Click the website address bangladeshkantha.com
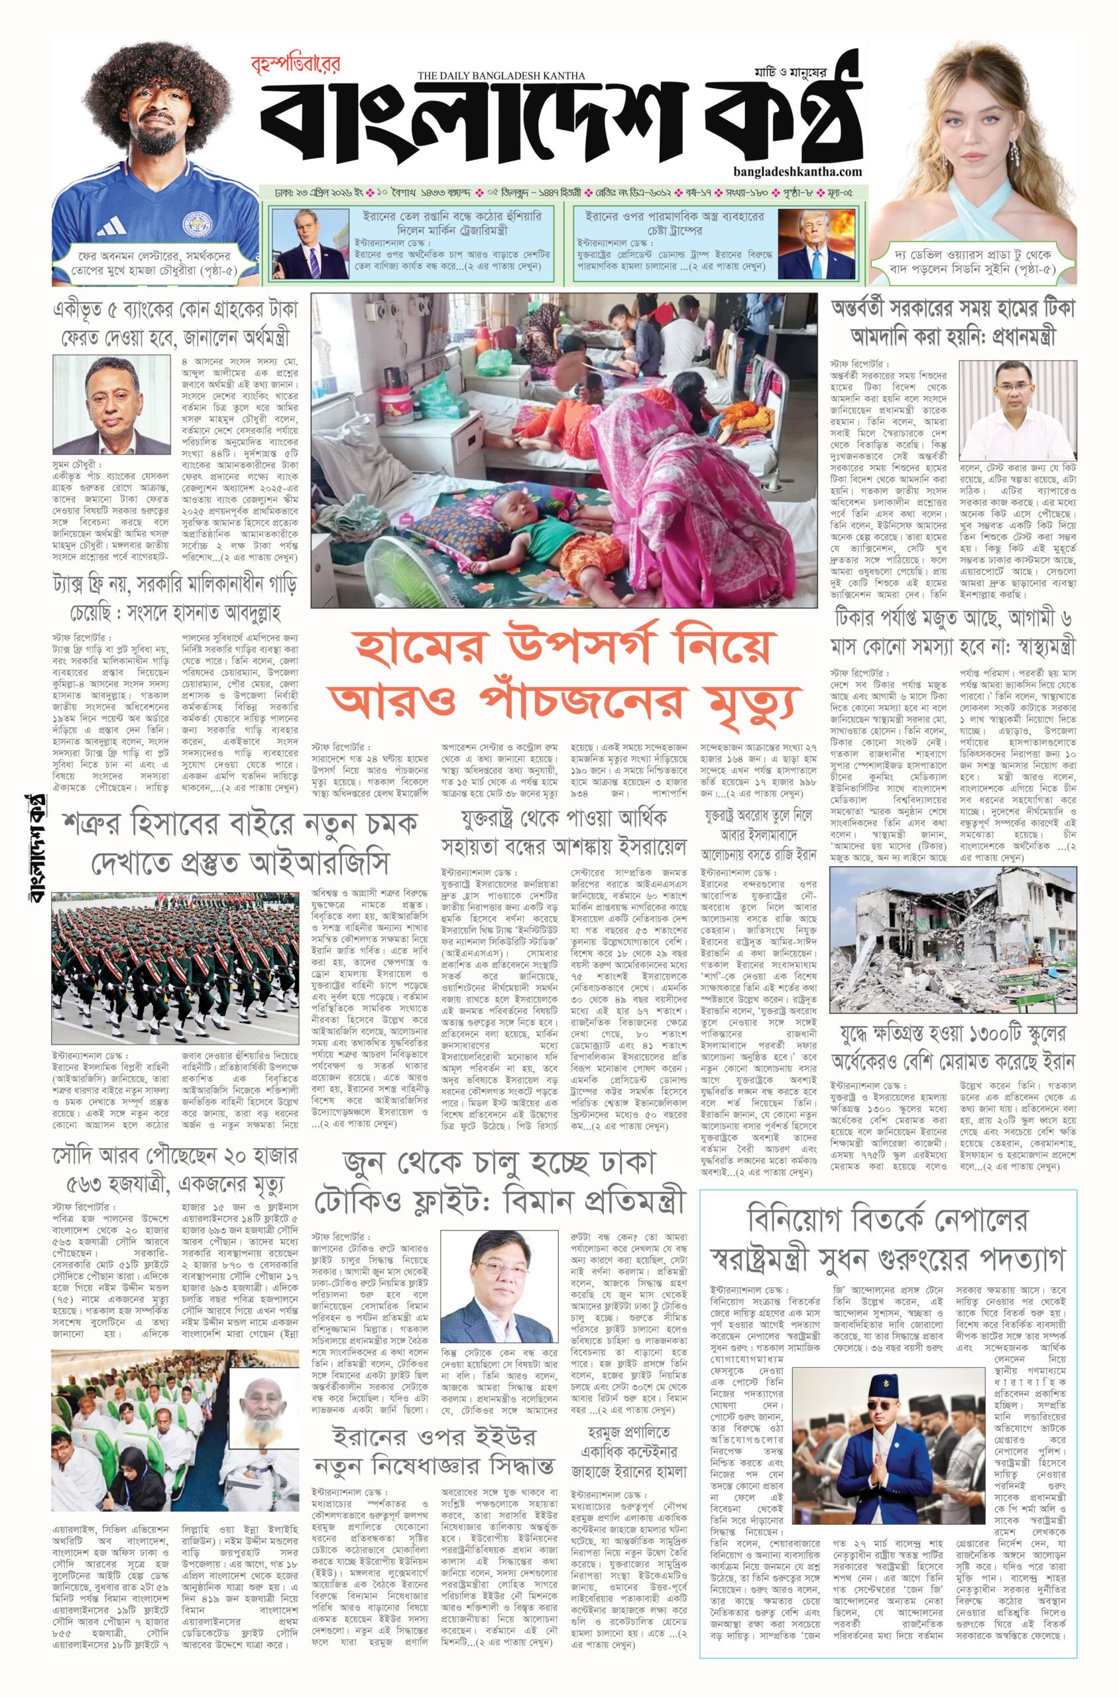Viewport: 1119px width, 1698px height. [797, 171]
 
